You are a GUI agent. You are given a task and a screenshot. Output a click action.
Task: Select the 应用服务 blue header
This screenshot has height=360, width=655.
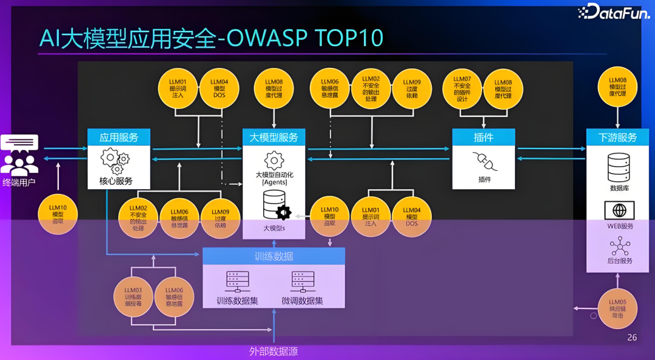click(x=119, y=138)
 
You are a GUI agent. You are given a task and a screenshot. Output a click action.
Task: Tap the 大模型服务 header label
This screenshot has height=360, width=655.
click(x=274, y=138)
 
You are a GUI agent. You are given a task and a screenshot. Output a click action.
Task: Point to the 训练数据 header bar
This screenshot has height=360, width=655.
click(x=274, y=256)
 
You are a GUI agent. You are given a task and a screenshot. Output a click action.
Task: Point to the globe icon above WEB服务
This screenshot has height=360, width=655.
click(x=619, y=210)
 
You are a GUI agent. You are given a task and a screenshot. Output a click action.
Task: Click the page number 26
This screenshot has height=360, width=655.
click(x=632, y=338)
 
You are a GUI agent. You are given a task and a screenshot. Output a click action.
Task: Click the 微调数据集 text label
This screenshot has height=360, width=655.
click(x=302, y=301)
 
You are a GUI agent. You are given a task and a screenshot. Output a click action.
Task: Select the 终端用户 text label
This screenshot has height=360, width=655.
click(x=19, y=182)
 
